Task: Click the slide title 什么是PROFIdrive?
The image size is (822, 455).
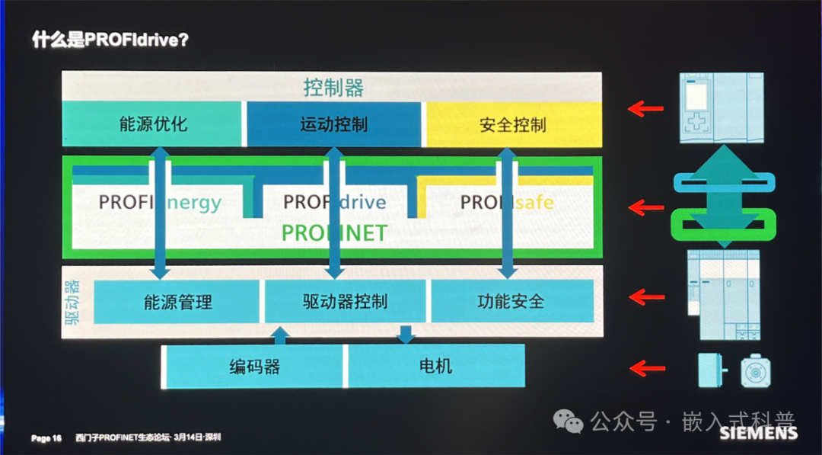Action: (x=110, y=39)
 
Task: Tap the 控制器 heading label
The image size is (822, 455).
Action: (x=333, y=87)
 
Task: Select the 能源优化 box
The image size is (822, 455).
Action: (x=153, y=124)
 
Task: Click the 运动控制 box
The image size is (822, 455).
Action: (x=333, y=124)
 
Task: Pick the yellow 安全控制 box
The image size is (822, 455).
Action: (x=512, y=124)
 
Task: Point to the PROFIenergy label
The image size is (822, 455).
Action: (x=160, y=203)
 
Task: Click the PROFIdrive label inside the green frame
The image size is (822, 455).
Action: (x=334, y=203)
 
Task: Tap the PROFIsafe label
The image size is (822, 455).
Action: (x=507, y=203)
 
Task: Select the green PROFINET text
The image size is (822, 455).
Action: (x=334, y=232)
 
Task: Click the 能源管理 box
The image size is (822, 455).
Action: (x=177, y=302)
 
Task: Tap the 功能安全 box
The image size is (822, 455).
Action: (x=511, y=302)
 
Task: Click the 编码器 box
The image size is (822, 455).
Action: (x=254, y=367)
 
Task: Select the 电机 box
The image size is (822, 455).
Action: (x=435, y=367)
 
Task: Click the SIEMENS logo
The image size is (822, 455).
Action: (x=758, y=434)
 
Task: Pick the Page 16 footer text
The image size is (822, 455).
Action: (x=46, y=438)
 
